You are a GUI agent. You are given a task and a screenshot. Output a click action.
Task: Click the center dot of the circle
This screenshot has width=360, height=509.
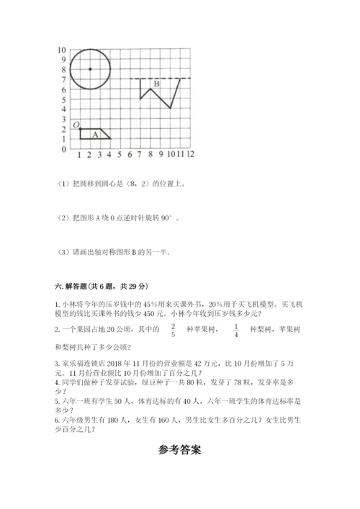pos(89,69)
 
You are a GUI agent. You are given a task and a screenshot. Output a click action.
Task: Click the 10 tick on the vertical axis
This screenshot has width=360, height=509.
pos(62,50)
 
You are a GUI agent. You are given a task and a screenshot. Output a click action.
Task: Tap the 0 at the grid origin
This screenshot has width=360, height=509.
pos(63,149)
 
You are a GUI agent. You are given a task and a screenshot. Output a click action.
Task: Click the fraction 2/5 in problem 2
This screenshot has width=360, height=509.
pos(172,330)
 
